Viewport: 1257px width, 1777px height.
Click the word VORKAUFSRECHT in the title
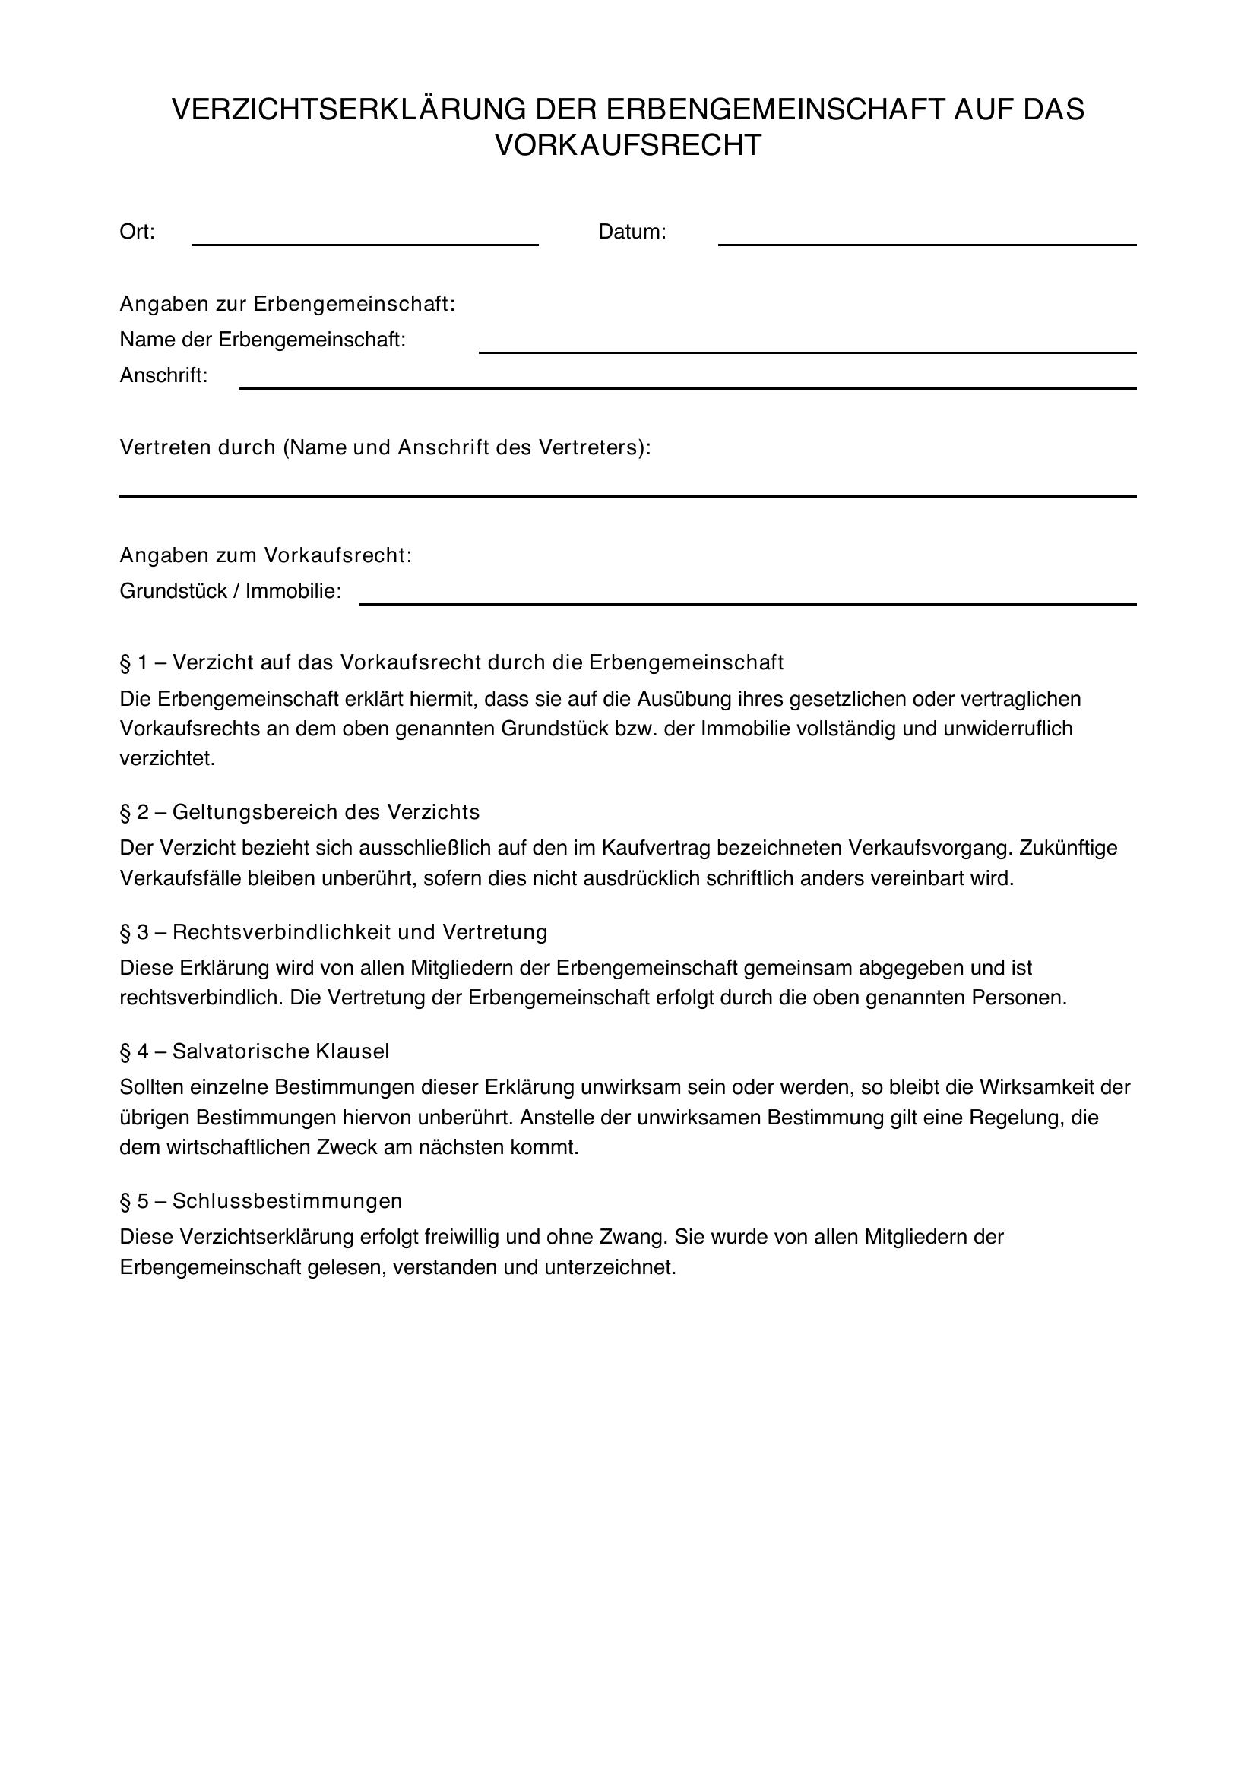click(x=628, y=146)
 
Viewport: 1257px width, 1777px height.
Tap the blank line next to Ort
click(x=365, y=242)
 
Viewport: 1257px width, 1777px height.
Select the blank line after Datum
click(x=926, y=242)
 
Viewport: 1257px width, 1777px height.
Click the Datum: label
click(x=632, y=232)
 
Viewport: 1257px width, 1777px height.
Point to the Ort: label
click(x=137, y=232)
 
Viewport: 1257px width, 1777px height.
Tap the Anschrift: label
click(x=163, y=376)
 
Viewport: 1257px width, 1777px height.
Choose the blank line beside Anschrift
click(x=687, y=386)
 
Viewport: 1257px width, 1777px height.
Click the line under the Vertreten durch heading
click(x=627, y=495)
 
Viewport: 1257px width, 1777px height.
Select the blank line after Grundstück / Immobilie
click(x=747, y=602)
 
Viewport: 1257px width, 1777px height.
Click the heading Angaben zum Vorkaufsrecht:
click(x=265, y=555)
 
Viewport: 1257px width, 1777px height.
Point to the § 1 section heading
click(x=451, y=663)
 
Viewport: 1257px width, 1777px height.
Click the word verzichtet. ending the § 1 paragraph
click(x=167, y=759)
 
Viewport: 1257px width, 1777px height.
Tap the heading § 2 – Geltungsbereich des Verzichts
click(x=299, y=813)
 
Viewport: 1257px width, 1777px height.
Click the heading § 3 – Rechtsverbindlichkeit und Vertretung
click(x=333, y=933)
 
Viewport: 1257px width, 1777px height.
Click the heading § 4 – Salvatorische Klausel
click(x=254, y=1051)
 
